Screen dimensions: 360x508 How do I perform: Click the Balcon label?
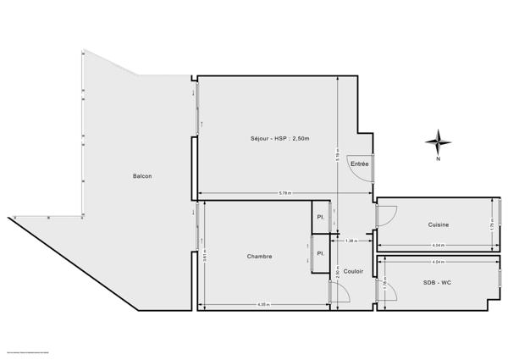(x=142, y=176)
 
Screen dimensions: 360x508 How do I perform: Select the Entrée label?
(x=360, y=163)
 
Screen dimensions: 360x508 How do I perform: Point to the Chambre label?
(x=260, y=256)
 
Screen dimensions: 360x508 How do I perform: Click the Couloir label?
(x=354, y=271)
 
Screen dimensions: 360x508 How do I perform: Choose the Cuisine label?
(x=438, y=224)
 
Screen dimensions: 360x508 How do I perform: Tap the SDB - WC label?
(x=438, y=281)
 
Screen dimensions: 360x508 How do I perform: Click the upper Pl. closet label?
(x=321, y=217)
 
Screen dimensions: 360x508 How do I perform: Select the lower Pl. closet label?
(x=321, y=253)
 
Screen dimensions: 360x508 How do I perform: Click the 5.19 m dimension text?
(x=336, y=156)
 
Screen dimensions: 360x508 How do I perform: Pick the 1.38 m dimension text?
(x=351, y=241)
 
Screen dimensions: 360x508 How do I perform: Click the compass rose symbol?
(x=438, y=141)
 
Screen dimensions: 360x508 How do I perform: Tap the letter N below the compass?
(x=438, y=159)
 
